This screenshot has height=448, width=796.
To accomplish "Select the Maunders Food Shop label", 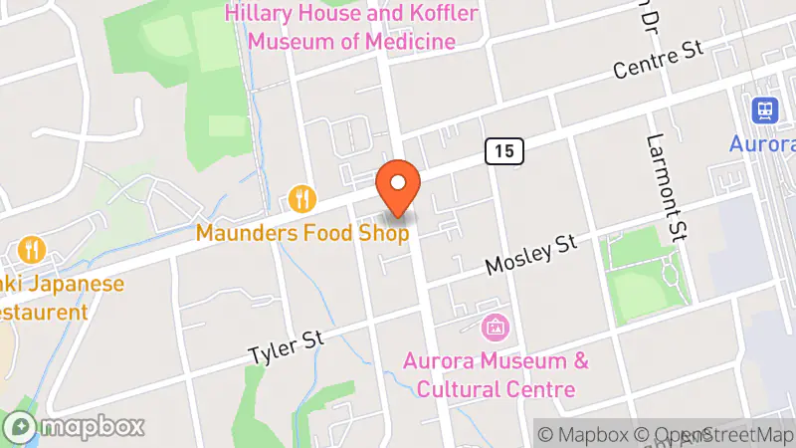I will (x=302, y=234).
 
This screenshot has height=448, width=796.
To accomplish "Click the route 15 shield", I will (x=504, y=150).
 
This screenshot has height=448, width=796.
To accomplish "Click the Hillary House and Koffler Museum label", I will (x=351, y=28).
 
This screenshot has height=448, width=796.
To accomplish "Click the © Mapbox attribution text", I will (x=581, y=434).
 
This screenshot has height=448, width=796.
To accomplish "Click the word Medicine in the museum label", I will (x=407, y=42).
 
